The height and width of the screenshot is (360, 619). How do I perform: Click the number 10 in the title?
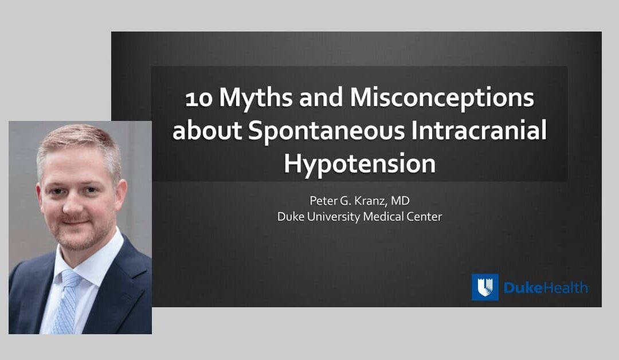pos(199,99)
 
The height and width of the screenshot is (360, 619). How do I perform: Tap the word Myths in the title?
pos(256,99)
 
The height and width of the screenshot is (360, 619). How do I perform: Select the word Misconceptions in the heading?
pos(442,99)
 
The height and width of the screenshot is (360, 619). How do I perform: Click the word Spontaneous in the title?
pos(327,132)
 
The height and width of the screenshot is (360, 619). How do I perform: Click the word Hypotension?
pos(359,164)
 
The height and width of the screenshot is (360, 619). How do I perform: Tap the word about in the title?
pos(207,131)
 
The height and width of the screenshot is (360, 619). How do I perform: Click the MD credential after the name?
pos(400,201)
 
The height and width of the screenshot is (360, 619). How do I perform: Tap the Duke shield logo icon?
pos(485,287)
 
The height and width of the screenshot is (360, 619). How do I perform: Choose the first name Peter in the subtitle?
pos(323,201)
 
